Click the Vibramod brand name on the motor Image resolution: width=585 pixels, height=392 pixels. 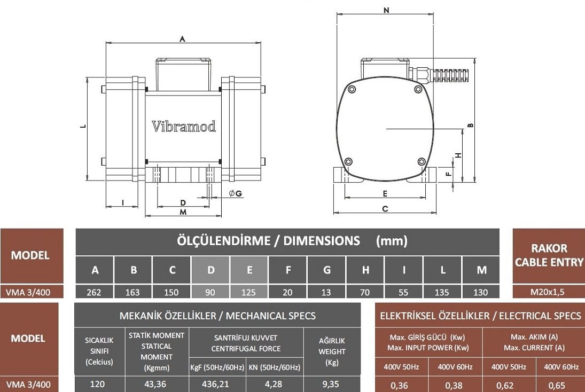pos(184,127)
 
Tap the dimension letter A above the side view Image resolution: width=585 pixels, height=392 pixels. pos(182,38)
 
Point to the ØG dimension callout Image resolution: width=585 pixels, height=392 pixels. pos(235,193)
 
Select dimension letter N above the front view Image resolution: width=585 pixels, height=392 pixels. pos(386,10)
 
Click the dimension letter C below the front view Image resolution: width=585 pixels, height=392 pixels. pos(385,209)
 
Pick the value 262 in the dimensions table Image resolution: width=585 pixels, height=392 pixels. pos(95,292)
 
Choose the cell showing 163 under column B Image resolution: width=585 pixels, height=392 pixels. pos(133,292)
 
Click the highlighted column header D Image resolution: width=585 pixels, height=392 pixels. pos(210,270)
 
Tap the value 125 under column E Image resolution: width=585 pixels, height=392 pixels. pos(249,292)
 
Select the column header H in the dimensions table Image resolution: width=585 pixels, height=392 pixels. pos(365,270)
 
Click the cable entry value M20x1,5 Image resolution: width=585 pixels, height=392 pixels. pos(549,292)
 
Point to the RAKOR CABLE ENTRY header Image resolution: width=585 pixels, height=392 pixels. pos(549,255)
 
